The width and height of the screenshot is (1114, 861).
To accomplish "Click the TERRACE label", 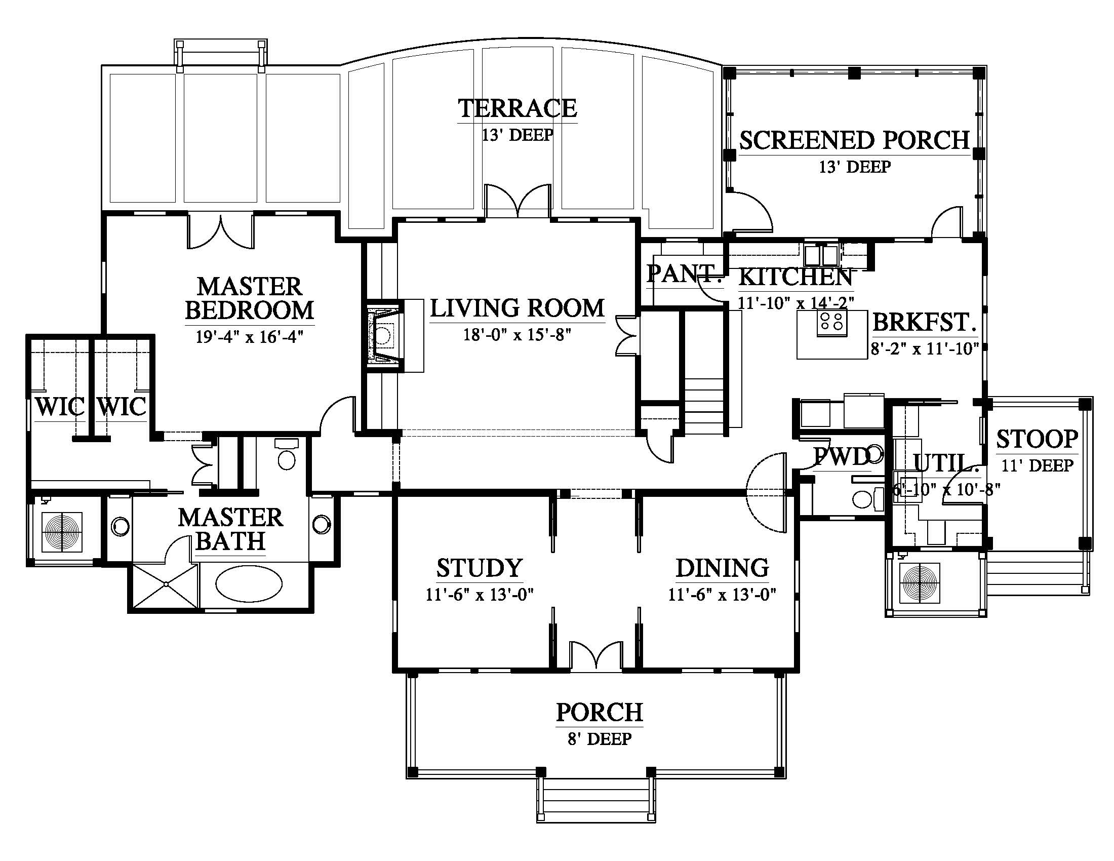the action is [x=517, y=108].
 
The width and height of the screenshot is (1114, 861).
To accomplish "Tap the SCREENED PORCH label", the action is [x=854, y=140].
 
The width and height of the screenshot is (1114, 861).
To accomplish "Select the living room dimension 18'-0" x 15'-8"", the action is [x=516, y=335].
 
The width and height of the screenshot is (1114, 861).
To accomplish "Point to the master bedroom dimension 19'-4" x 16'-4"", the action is [x=250, y=337].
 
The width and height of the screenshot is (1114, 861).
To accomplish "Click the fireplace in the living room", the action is [x=384, y=335].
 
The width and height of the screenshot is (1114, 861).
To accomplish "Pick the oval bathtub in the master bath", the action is [x=249, y=584].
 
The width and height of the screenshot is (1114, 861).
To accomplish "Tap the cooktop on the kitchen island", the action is [x=832, y=324].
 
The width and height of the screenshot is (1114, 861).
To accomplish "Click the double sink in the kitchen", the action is [x=821, y=254].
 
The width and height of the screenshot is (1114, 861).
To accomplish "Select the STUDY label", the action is [x=480, y=568].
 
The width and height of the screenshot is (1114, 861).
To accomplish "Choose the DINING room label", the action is [x=722, y=568].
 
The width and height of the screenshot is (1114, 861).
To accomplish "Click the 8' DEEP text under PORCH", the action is [x=600, y=738].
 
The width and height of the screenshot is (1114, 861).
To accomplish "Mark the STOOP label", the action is [x=1038, y=439].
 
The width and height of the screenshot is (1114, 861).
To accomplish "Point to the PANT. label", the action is [x=685, y=273].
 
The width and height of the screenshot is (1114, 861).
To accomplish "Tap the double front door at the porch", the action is [x=596, y=654].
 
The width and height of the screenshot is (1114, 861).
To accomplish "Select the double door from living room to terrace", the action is [x=518, y=202].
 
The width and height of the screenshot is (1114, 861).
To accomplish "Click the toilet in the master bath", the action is [x=286, y=454].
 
